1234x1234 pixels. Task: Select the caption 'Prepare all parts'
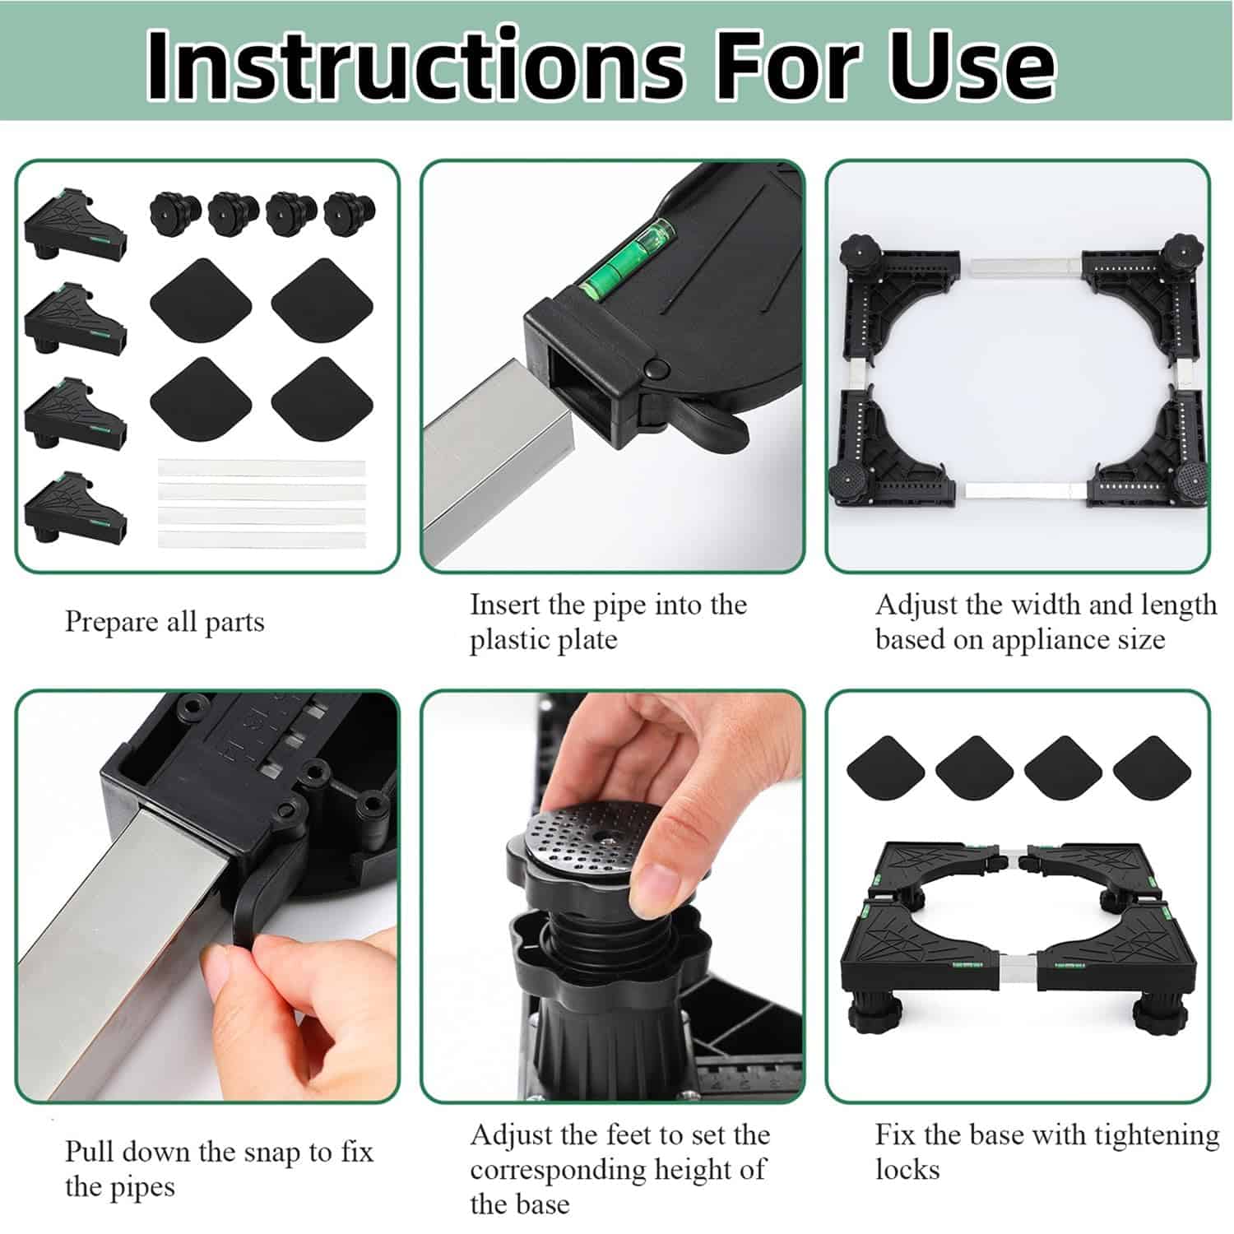[x=165, y=622]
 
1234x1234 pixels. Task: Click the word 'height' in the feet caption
[x=699, y=1171]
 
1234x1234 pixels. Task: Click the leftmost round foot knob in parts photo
[x=173, y=212]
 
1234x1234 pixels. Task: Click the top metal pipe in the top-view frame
[x=1027, y=267]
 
